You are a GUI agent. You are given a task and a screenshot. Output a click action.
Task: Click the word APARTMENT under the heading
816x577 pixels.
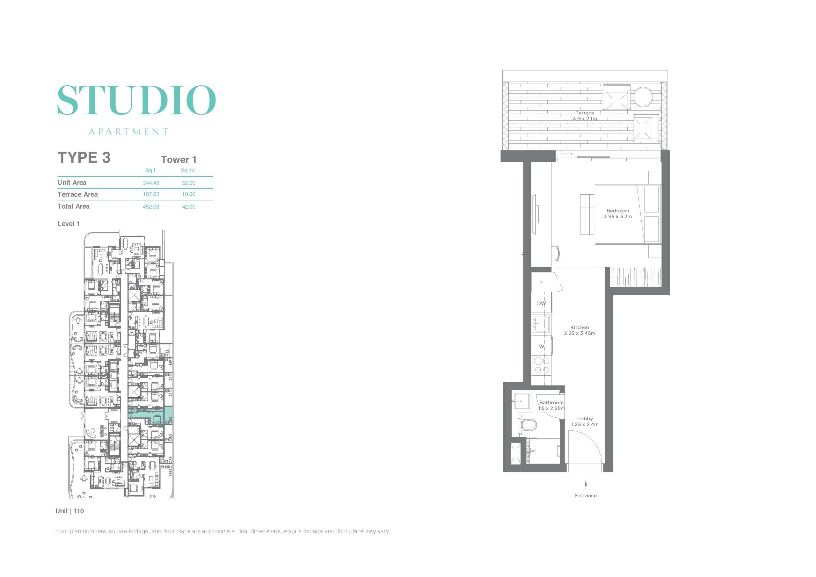(128, 132)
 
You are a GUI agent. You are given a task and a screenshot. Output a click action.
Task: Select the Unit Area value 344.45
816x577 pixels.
(151, 183)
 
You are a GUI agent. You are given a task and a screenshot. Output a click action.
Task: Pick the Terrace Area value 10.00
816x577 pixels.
(189, 194)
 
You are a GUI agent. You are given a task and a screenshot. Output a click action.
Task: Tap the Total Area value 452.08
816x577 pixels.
(151, 207)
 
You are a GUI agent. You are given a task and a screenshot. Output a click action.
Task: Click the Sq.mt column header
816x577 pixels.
(188, 170)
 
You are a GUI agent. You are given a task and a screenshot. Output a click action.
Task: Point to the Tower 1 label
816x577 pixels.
(179, 160)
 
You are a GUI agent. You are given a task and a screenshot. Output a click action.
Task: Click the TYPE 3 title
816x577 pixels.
(84, 157)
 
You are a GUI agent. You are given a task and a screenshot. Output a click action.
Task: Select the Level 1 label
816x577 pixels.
(68, 224)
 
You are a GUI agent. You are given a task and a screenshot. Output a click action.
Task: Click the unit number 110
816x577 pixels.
(78, 511)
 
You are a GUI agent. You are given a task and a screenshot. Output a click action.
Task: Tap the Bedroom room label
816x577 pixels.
(618, 211)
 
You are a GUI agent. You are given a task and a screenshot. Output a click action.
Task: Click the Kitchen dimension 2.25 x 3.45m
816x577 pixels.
(580, 333)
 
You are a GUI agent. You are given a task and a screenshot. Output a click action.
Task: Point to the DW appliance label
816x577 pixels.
(542, 303)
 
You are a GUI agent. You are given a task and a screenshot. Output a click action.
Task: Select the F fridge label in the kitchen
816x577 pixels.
(542, 283)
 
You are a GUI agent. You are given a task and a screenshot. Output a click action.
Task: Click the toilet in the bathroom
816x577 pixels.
(528, 425)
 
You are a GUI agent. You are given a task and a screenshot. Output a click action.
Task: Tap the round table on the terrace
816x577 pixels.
(643, 97)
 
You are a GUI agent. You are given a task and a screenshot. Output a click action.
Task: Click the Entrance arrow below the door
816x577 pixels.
(586, 485)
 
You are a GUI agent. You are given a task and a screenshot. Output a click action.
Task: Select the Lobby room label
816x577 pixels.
(585, 419)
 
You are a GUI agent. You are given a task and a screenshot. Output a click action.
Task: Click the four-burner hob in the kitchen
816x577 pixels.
(542, 365)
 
